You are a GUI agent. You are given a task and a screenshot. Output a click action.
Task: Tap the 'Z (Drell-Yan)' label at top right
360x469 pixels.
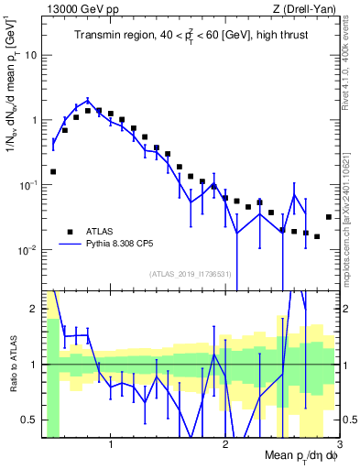point(306,9)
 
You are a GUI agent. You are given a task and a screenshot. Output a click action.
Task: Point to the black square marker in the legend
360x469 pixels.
point(70,232)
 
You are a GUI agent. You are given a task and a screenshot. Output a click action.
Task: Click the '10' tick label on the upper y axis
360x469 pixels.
point(31,54)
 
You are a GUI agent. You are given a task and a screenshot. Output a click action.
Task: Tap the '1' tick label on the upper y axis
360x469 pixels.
point(34,120)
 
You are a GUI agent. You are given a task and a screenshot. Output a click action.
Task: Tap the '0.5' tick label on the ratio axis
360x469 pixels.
point(30,420)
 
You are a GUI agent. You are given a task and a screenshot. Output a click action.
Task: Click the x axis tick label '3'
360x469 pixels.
point(338,445)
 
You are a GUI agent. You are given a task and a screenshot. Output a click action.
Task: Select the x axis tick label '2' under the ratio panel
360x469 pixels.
point(224,445)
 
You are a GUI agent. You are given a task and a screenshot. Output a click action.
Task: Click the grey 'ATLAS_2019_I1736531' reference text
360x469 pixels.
point(191,274)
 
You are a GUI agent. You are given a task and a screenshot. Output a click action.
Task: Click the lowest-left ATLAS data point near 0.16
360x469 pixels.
point(53,171)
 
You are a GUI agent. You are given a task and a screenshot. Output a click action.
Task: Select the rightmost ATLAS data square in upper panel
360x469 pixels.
point(328,217)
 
